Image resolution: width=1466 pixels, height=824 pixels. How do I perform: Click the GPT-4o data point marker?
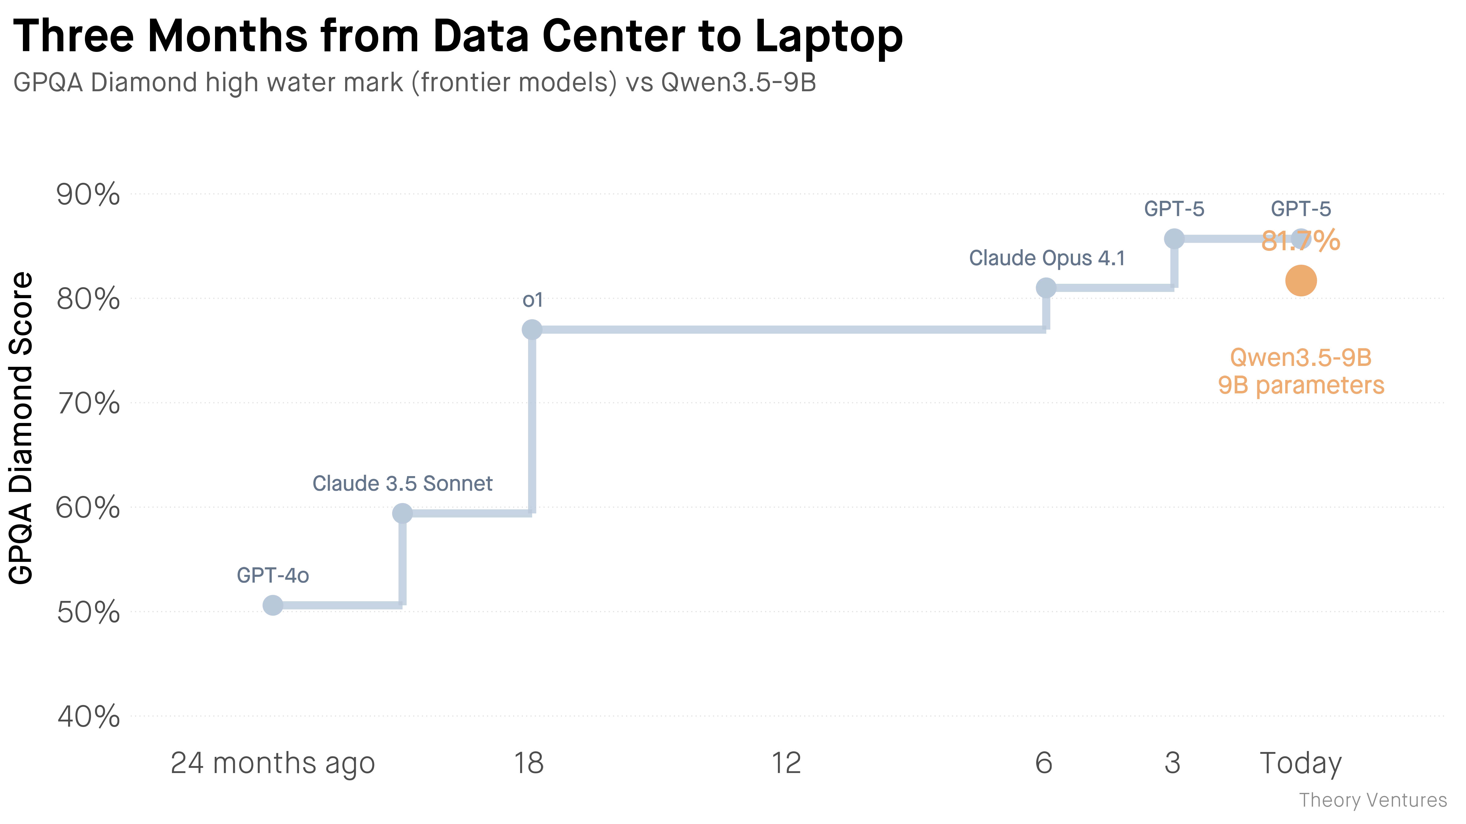[273, 605]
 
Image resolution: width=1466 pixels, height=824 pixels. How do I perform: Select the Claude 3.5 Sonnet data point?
[402, 513]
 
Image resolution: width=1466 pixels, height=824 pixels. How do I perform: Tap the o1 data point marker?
[531, 329]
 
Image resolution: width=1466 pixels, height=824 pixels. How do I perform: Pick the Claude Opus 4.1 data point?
[1046, 288]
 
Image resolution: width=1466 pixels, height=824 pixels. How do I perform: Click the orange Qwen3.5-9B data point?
[1301, 281]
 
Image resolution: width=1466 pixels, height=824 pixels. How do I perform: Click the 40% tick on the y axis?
[88, 716]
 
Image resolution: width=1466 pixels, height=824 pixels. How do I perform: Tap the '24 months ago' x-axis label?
[273, 763]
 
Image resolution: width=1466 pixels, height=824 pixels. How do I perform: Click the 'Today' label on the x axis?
[1301, 763]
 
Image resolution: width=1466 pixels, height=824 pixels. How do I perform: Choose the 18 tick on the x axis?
[529, 763]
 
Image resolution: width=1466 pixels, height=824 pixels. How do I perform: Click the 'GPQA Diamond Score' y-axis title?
[22, 428]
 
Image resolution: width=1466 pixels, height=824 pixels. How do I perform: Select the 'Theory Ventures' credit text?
[1373, 800]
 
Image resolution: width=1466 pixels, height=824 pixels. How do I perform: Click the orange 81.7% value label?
[1301, 240]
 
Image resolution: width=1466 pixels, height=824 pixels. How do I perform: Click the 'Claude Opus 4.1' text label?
[1047, 258]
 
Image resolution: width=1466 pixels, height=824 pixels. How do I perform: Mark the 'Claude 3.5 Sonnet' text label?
[402, 483]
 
